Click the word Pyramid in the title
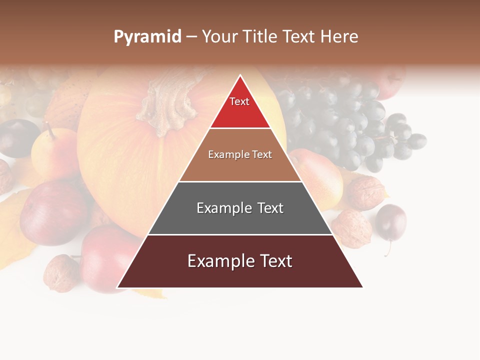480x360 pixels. (147, 37)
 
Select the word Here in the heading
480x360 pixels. (339, 37)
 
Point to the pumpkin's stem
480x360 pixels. (165, 102)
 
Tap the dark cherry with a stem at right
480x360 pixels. (390, 222)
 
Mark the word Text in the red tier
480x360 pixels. (239, 101)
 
